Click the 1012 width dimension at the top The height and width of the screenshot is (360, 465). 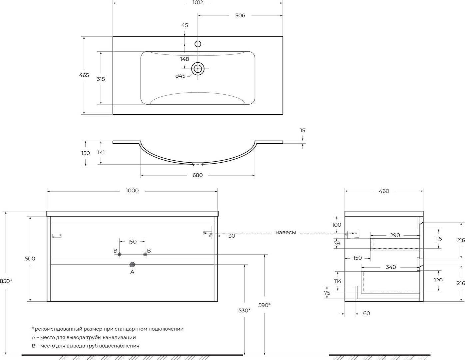(198, 3)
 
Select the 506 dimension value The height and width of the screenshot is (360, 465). (240, 16)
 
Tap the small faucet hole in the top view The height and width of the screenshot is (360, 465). (198, 44)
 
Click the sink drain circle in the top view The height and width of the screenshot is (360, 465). (198, 69)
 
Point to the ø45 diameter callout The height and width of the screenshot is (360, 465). (181, 76)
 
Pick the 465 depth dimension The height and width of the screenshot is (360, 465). (84, 75)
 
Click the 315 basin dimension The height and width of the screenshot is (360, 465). (101, 79)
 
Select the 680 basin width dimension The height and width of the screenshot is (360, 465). (198, 175)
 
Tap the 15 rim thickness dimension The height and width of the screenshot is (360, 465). (302, 130)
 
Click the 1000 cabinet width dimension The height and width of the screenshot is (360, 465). (132, 191)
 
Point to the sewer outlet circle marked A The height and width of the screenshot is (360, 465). (132, 265)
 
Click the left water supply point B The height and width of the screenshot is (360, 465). (119, 254)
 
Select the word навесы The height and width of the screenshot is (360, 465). (286, 233)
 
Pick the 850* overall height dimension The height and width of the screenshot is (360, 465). (6, 281)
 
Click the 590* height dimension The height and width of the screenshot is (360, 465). (264, 305)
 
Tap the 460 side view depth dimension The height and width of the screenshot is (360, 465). (384, 191)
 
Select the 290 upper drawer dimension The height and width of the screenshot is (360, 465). (395, 235)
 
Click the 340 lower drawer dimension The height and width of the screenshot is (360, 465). (391, 267)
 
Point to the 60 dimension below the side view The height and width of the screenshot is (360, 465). (366, 313)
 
